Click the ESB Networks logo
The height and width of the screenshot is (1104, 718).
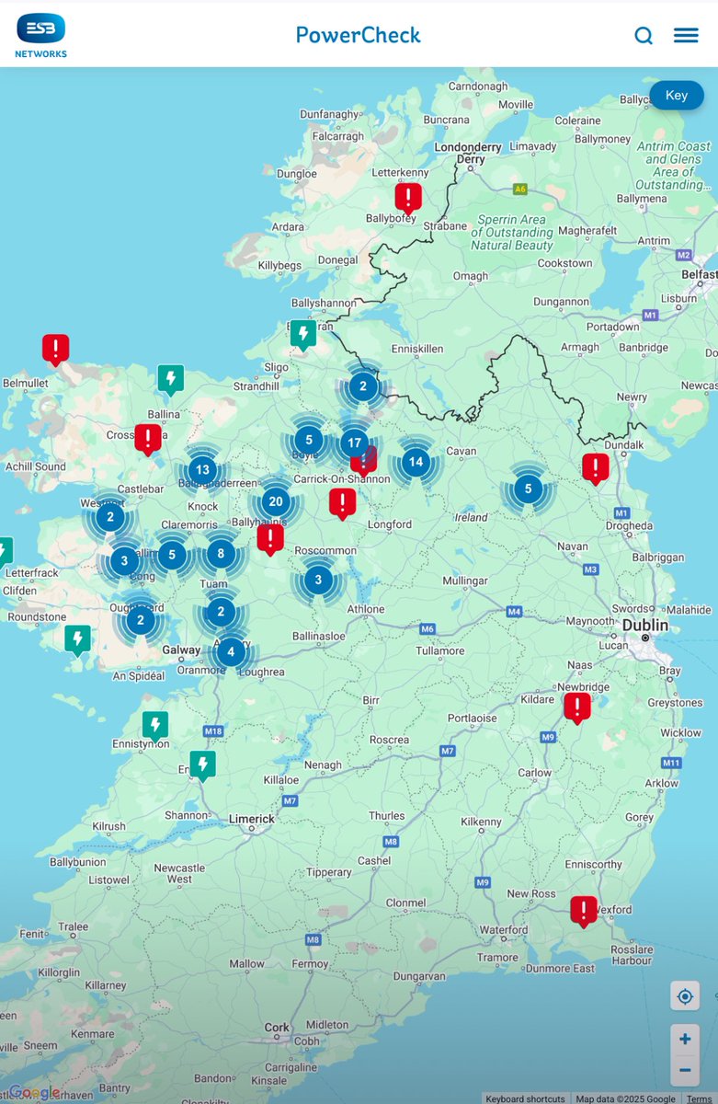41,35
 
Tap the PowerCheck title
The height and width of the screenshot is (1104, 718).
359,35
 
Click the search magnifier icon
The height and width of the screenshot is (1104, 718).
644,36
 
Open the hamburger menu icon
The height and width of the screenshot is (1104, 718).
686,36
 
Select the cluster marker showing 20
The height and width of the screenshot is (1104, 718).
275,501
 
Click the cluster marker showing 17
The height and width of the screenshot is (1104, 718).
355,443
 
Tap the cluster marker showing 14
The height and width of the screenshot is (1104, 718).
416,462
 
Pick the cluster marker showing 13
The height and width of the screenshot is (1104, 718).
203,470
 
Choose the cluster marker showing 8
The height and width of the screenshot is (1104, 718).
221,553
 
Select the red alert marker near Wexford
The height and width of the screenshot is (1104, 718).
584,910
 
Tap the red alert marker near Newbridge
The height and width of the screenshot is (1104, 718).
576,707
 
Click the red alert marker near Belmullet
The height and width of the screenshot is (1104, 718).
56,349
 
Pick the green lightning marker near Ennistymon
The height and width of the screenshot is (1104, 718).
155,725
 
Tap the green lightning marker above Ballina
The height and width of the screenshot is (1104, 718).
170,378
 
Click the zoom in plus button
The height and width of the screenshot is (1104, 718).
685,1040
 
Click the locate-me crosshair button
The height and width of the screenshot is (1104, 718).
685,996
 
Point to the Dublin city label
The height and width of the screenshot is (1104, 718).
644,625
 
